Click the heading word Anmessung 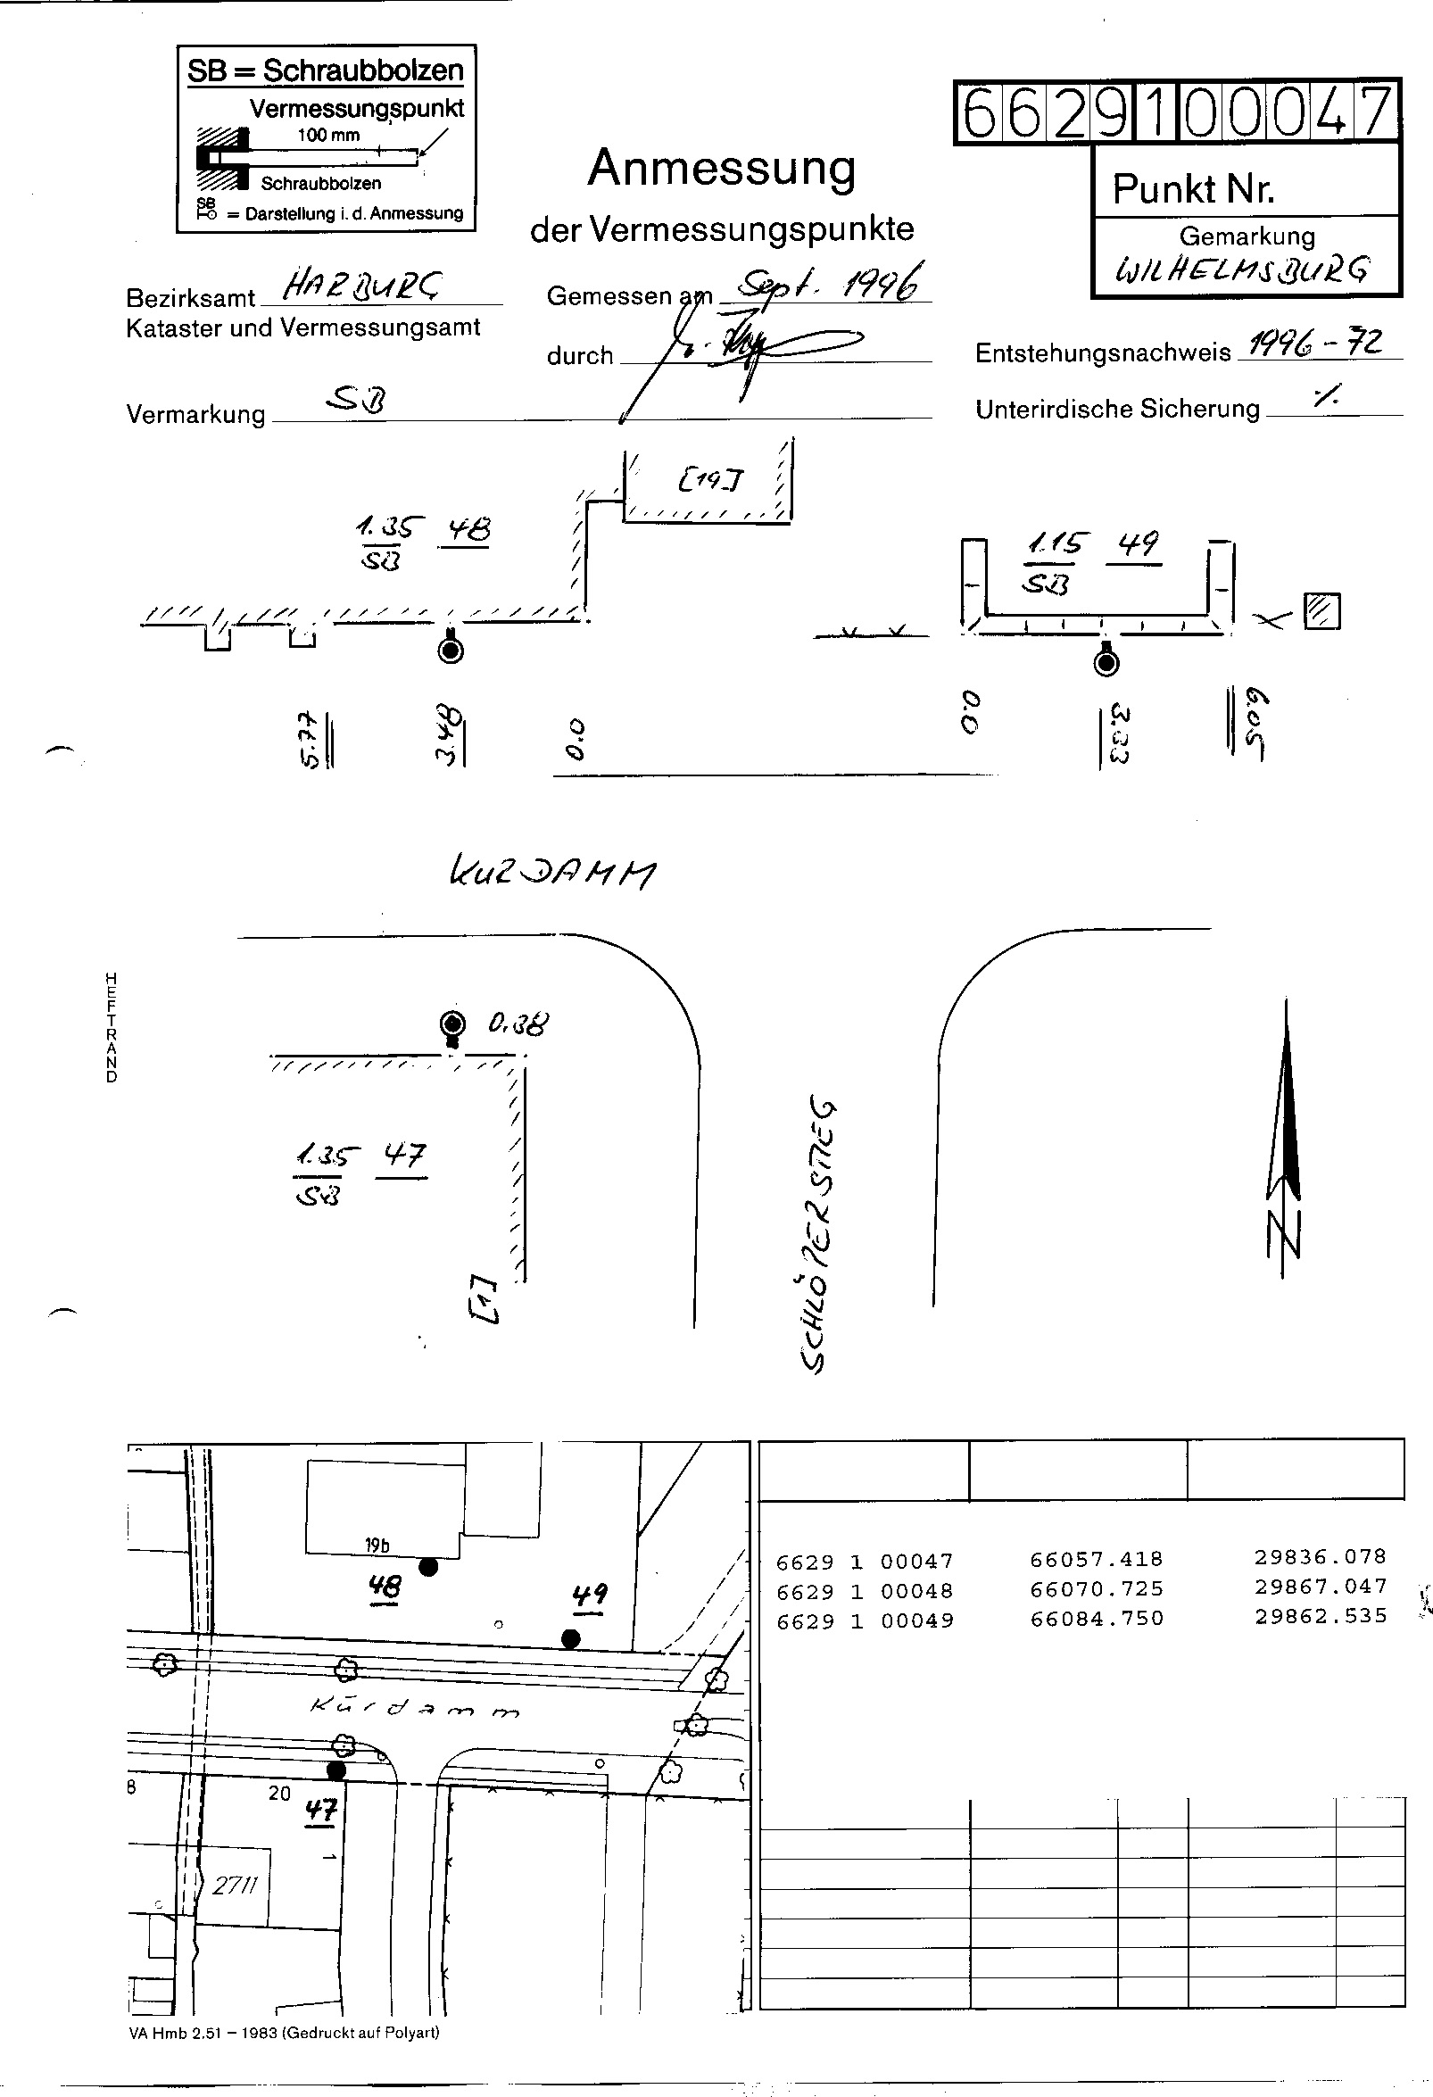pos(721,169)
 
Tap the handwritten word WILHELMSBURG pos(1244,269)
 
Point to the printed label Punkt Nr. pos(1193,188)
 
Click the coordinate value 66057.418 pos(1097,1558)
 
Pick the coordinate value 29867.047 pos(1321,1586)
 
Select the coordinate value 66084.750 pos(1097,1618)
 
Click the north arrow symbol pos(1286,1137)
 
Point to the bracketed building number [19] pos(711,480)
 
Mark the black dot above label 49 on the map pos(570,1637)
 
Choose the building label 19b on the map pos(377,1545)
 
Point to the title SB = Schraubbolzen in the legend pos(325,70)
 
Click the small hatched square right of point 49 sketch pos(1322,611)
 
